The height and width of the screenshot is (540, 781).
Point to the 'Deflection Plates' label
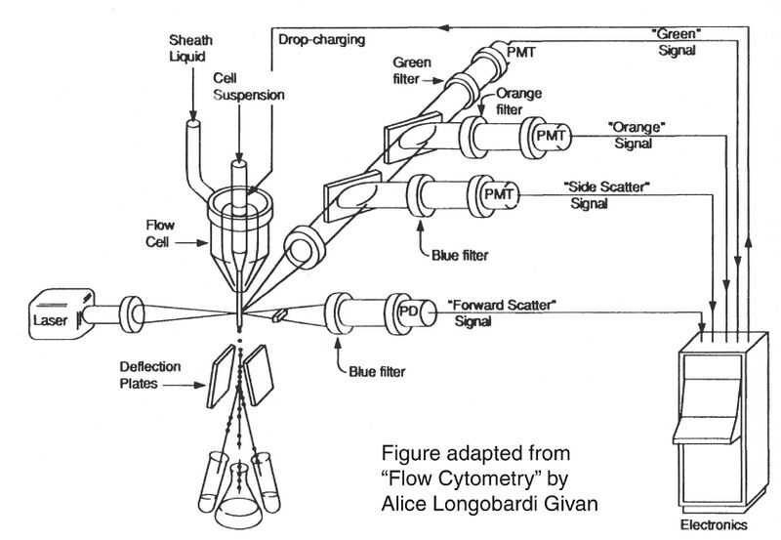click(140, 377)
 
